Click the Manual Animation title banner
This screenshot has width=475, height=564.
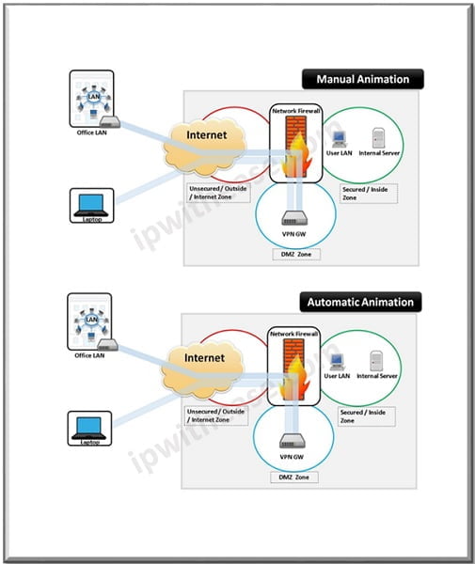(362, 79)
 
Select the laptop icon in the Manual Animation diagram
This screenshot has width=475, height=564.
(92, 205)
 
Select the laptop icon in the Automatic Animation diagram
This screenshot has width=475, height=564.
(92, 428)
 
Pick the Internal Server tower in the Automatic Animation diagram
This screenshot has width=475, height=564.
(377, 360)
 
